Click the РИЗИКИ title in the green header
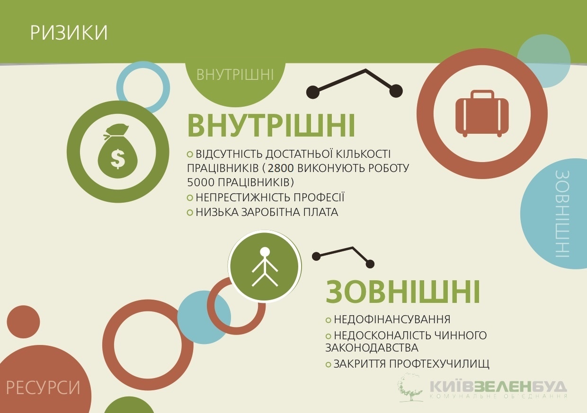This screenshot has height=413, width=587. click(x=69, y=33)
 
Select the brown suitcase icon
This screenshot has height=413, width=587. click(x=482, y=113)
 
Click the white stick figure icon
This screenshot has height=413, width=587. click(x=265, y=267)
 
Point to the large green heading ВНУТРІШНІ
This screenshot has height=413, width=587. click(x=271, y=126)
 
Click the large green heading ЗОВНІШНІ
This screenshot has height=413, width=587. click(x=402, y=292)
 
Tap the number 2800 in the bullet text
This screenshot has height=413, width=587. click(x=280, y=168)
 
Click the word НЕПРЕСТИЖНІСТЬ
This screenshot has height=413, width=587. click(x=243, y=197)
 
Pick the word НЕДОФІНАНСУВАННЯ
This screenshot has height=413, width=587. click(x=392, y=319)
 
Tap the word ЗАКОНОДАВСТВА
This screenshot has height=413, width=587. click(x=372, y=348)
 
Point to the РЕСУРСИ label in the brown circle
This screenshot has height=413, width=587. click(x=43, y=388)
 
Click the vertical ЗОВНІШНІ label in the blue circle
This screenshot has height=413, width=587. click(x=562, y=214)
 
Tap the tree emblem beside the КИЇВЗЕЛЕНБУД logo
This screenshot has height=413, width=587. click(x=410, y=387)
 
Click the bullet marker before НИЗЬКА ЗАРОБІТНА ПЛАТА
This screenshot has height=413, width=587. click(x=190, y=212)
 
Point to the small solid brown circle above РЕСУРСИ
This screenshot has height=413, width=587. click(x=23, y=322)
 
